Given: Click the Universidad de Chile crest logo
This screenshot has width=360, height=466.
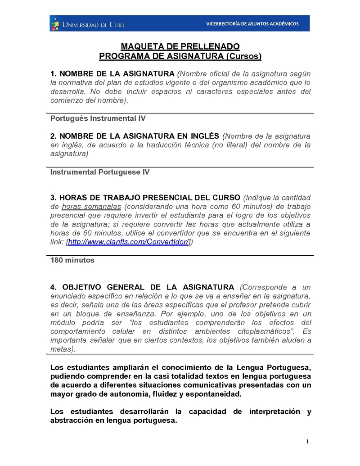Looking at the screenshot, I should coord(56,24).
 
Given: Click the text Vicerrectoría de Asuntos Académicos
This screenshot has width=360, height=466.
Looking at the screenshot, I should coord(252,24).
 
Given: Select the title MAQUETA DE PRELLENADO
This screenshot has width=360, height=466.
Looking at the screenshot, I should coord(180,47).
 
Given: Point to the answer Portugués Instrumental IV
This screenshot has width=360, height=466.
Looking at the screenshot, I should coord(98,118).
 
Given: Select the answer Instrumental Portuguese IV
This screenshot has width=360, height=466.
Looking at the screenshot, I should coord(100,172).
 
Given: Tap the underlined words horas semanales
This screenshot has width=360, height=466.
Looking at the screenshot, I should coord(91,207).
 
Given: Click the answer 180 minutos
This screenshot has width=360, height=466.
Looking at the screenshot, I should coord(72,260).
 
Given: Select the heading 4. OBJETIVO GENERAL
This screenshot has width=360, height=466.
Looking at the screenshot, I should coord(142,287).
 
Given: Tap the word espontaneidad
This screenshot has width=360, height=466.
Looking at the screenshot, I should coord(212,394).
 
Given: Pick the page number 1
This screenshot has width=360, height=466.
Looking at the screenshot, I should coord(307,441).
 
